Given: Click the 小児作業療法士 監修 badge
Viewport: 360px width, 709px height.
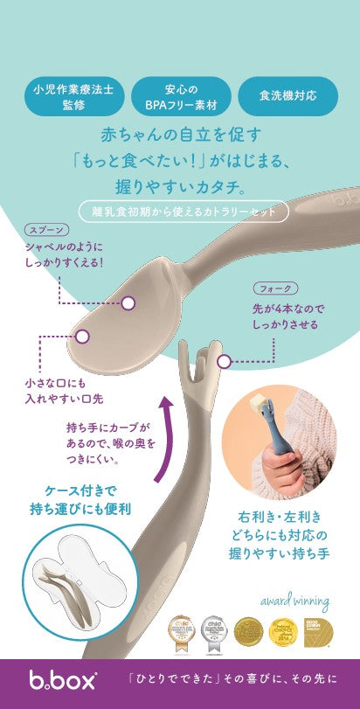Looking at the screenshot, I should pyautogui.click(x=73, y=96).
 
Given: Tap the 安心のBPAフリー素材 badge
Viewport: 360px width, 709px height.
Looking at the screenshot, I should pyautogui.click(x=180, y=96).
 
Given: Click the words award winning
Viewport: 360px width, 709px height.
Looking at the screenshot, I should pyautogui.click(x=294, y=601).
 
